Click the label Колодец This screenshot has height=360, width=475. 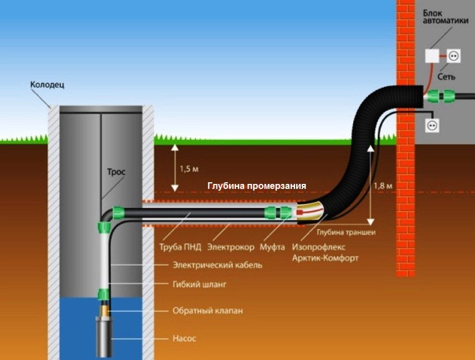[x=47, y=85]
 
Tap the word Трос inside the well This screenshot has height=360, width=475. [x=116, y=172]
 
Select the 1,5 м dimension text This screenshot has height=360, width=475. [x=188, y=168]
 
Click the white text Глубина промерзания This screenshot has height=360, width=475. [x=257, y=186]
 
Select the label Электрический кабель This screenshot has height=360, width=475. [x=217, y=265]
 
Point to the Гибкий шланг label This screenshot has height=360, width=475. [x=200, y=284]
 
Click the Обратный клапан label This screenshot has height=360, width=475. [x=208, y=310]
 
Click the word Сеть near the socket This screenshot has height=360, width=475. [x=446, y=76]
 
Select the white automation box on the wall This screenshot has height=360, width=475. [x=432, y=55]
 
